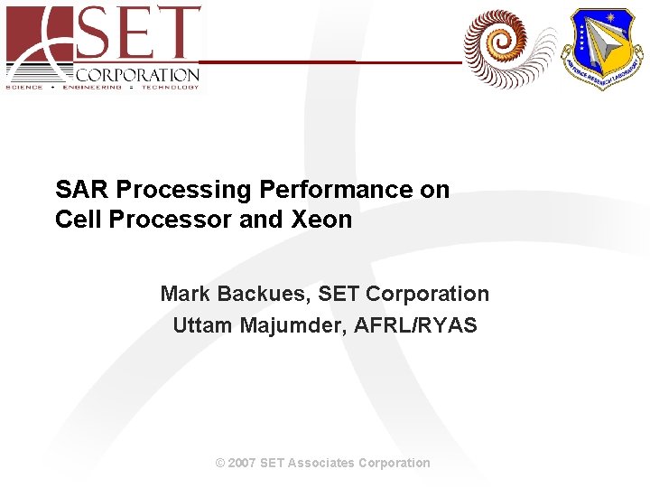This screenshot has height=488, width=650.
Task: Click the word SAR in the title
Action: pyautogui.click(x=82, y=190)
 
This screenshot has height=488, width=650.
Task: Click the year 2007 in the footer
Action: pyautogui.click(x=242, y=463)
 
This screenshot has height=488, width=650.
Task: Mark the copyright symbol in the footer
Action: pyautogui.click(x=220, y=463)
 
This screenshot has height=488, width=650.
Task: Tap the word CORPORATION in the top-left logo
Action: pyautogui.click(x=137, y=75)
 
